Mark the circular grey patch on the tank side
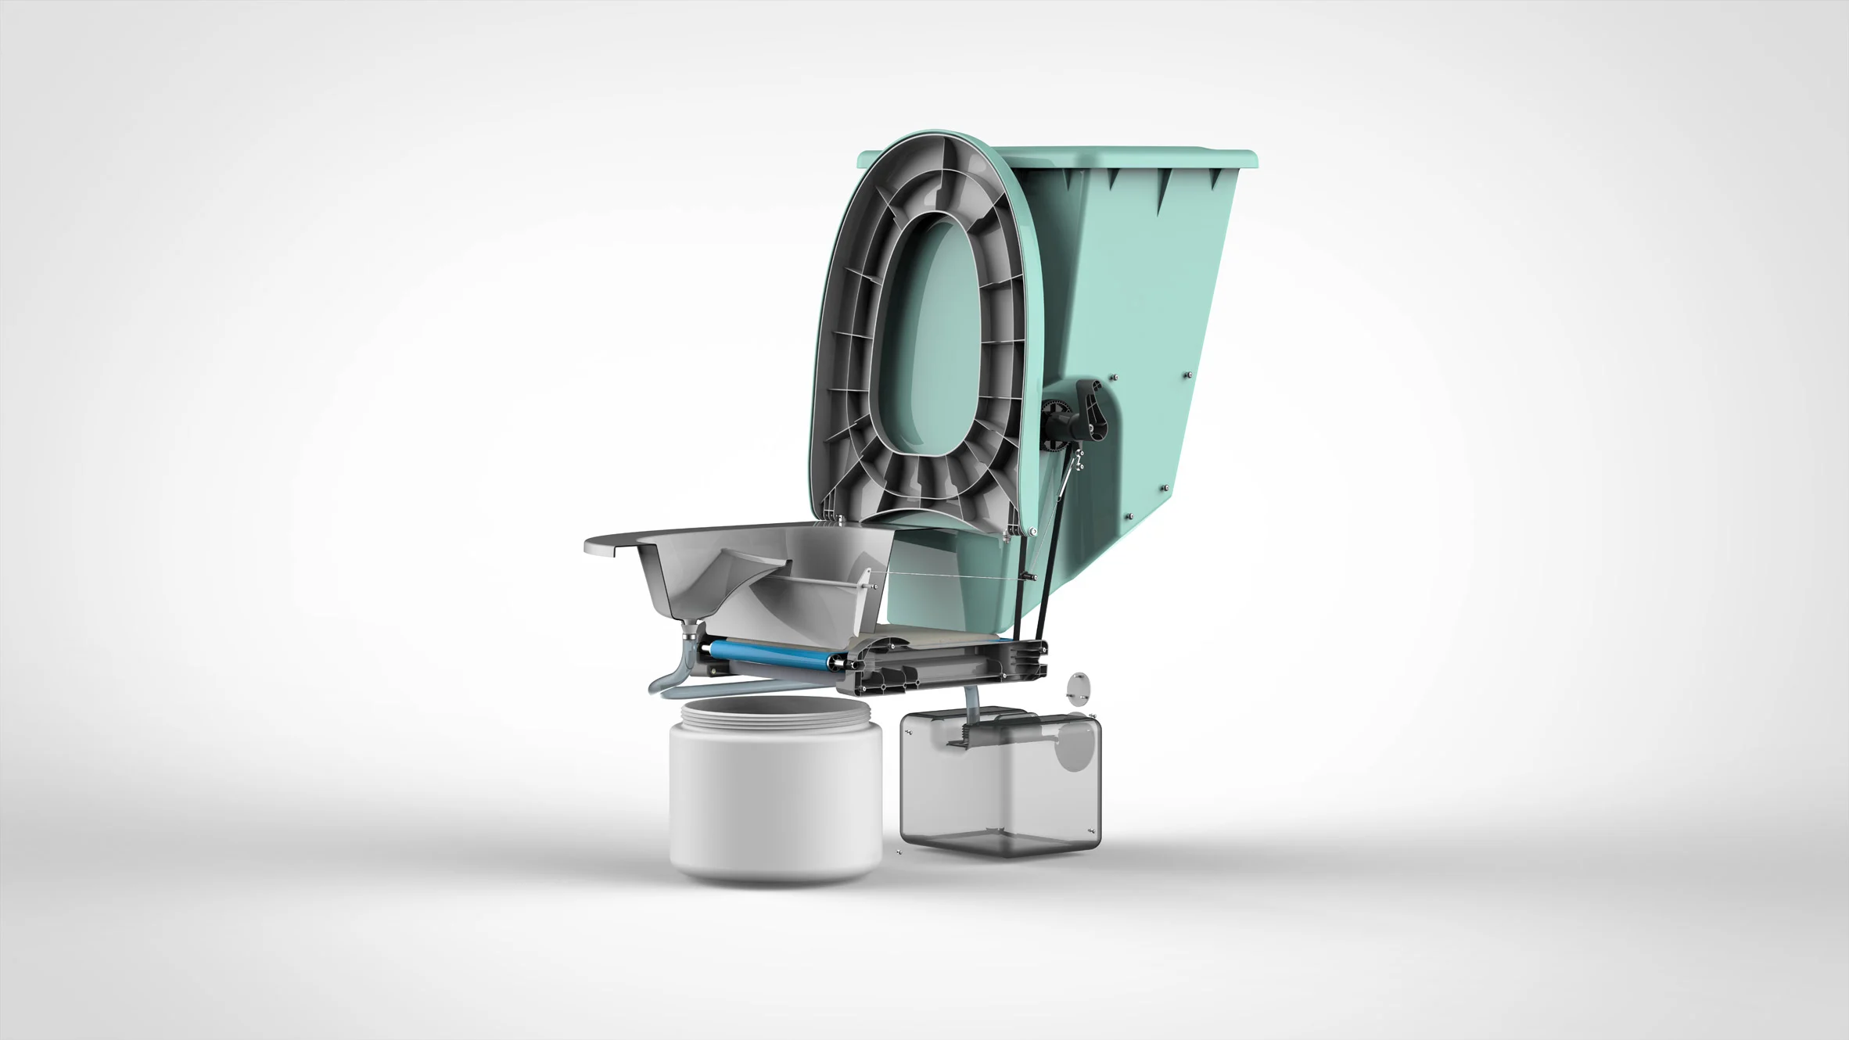[x=1073, y=747]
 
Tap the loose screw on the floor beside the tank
[x=899, y=852]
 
